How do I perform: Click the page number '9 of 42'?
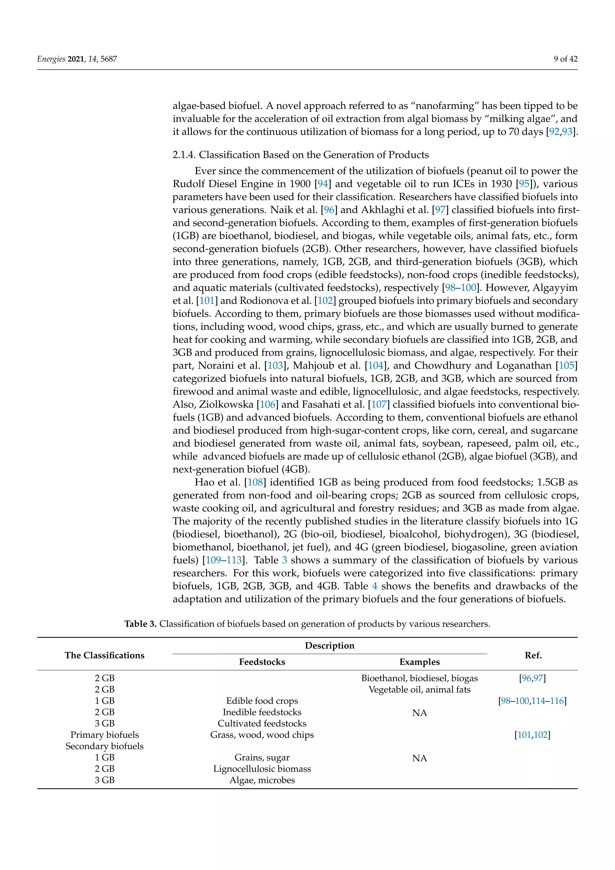565,59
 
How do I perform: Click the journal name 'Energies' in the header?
51,59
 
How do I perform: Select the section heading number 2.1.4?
184,155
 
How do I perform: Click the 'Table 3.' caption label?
140,624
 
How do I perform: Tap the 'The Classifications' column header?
105,655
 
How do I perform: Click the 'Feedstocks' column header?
262,662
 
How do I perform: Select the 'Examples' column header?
420,662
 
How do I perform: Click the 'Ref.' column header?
533,655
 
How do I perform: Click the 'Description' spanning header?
329,645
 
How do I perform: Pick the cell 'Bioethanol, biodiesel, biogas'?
420,678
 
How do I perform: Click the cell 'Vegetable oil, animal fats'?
420,690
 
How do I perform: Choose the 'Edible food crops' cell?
262,701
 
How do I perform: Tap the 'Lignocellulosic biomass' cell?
262,769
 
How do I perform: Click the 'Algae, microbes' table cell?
262,780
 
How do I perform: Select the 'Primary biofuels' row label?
105,735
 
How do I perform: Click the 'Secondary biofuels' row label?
105,746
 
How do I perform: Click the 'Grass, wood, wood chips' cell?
262,735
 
